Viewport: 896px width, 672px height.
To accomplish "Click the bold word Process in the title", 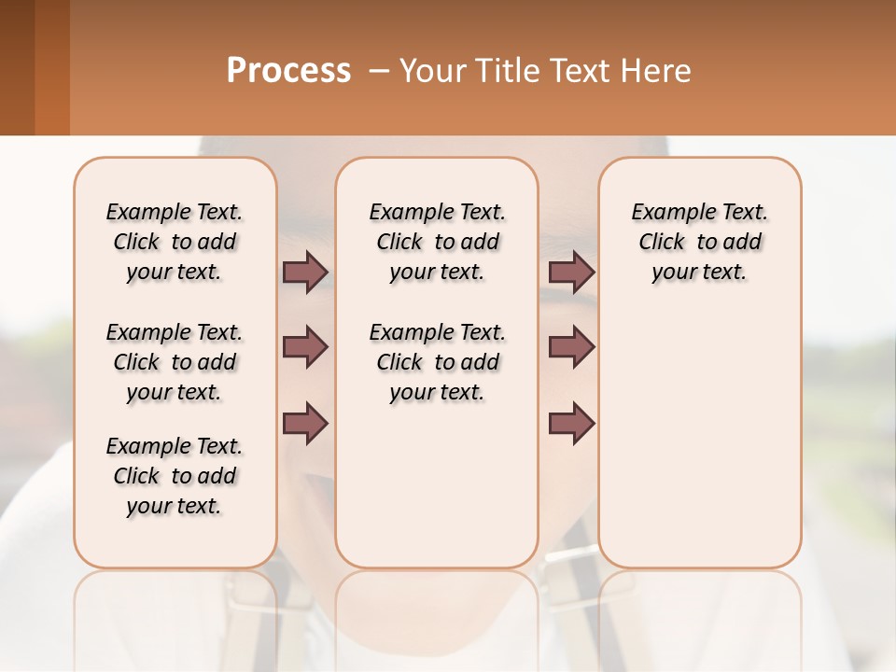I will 288,71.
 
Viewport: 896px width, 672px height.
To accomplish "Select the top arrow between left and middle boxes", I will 304,273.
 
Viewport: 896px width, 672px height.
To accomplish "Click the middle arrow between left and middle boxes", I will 304,347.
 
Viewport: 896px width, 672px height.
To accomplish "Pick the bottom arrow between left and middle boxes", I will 304,422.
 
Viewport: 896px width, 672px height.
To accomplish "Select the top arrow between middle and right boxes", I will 571,273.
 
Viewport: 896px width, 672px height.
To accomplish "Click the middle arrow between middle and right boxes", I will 571,347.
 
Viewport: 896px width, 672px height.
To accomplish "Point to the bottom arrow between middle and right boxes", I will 571,422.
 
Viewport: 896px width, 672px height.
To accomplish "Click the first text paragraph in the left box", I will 175,242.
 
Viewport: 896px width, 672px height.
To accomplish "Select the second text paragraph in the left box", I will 175,362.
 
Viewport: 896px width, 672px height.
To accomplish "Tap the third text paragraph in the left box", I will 175,476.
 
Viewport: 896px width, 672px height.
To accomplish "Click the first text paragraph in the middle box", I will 437,242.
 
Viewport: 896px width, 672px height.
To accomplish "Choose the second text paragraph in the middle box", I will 437,362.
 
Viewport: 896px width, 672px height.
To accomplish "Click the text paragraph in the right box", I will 700,242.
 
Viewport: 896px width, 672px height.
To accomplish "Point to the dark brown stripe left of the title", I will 17,67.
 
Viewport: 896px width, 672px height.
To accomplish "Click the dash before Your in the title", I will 379,71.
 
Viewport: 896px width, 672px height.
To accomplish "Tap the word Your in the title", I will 430,71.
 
